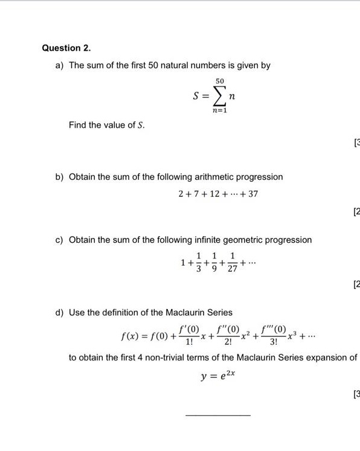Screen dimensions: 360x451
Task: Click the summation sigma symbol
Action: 219,96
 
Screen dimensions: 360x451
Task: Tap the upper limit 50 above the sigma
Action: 219,81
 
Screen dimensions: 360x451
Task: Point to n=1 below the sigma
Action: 219,111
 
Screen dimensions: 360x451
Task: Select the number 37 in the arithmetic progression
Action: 252,194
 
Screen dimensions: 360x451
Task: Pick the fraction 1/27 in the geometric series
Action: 233,264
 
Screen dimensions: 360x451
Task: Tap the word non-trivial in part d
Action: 166,357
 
